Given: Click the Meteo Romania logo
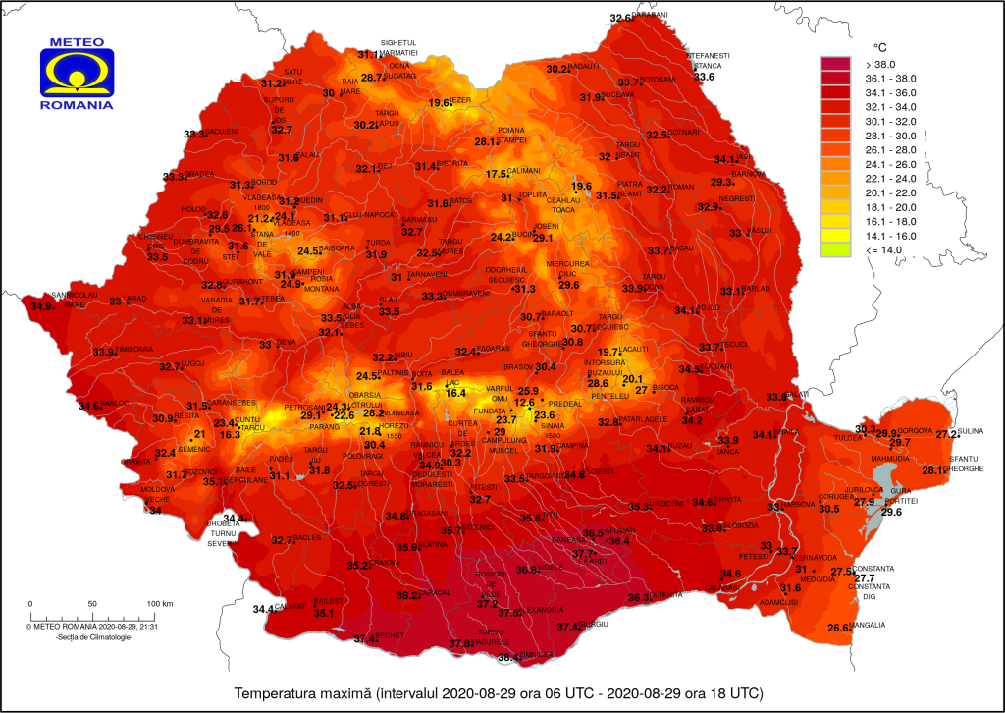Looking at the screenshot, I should pyautogui.click(x=76, y=74).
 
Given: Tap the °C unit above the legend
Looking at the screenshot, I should pyautogui.click(x=880, y=46).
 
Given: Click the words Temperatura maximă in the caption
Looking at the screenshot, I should pyautogui.click(x=299, y=693).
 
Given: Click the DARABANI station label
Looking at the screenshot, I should pyautogui.click(x=650, y=15).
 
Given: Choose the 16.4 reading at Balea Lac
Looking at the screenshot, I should pyautogui.click(x=455, y=393).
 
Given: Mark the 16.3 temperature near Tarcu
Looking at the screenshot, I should pyautogui.click(x=230, y=434).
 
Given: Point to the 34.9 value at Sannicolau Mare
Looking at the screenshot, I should pyautogui.click(x=42, y=306).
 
